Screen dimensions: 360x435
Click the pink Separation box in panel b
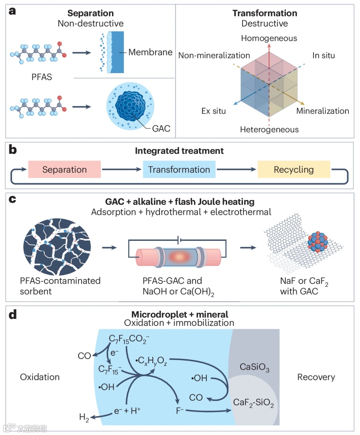(x=64, y=169)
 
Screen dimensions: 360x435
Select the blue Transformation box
(x=179, y=169)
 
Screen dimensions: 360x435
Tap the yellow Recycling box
(x=294, y=169)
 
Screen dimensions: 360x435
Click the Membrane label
(x=150, y=52)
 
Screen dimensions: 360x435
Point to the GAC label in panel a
(x=161, y=128)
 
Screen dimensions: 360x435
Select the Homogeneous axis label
(x=269, y=38)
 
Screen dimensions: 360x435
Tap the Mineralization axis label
(x=323, y=111)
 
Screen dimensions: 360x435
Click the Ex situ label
(x=213, y=111)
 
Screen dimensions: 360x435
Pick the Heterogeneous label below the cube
(x=269, y=129)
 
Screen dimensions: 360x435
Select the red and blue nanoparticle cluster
(x=318, y=242)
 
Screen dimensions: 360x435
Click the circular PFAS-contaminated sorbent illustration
(x=57, y=247)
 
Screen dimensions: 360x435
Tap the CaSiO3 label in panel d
(x=254, y=367)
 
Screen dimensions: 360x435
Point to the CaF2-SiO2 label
(x=253, y=403)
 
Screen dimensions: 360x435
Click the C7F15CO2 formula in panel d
(x=129, y=339)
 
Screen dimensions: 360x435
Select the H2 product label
(x=84, y=418)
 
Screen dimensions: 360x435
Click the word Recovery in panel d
(x=316, y=377)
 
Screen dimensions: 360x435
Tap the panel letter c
(x=12, y=199)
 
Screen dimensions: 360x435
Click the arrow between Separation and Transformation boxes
(x=122, y=169)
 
